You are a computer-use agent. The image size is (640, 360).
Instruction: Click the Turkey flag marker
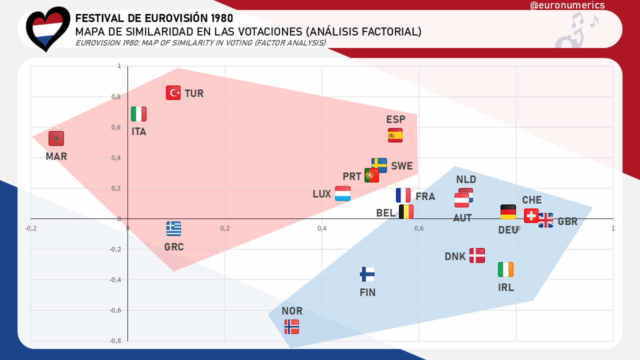[173, 92]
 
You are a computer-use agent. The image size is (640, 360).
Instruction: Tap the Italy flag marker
[138, 114]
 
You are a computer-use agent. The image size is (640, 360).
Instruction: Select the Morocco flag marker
[56, 138]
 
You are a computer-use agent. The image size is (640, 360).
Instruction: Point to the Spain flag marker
[395, 135]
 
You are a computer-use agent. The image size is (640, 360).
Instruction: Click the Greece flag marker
[173, 228]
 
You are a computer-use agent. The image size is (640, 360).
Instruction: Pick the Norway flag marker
[291, 326]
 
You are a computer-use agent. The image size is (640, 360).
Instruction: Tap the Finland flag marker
[367, 274]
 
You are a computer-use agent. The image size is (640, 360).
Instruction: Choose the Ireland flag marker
[505, 269]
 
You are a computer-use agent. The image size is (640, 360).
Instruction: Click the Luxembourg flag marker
[342, 193]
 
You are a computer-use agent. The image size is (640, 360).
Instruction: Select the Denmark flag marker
[477, 255]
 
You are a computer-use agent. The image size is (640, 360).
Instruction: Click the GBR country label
[567, 221]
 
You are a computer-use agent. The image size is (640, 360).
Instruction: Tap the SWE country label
[402, 166]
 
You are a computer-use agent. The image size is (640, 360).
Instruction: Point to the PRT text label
[352, 176]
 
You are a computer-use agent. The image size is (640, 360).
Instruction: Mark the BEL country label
[386, 213]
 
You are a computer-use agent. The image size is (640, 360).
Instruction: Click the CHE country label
[532, 200]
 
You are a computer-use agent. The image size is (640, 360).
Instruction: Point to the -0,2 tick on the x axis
[31, 228]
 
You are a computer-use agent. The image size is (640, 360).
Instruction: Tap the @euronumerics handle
[567, 5]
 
